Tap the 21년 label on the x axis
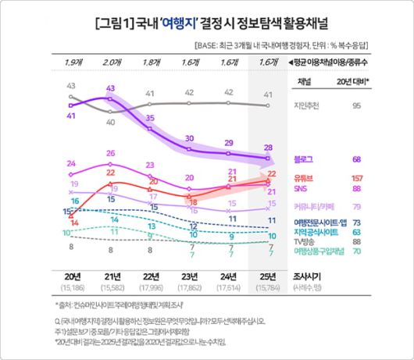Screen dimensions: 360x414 [x=111, y=276]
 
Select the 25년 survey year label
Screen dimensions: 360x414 [x=267, y=276]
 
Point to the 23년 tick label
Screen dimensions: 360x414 [x=188, y=276]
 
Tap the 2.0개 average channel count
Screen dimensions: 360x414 [x=111, y=61]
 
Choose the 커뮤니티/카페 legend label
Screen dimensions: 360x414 [x=309, y=206]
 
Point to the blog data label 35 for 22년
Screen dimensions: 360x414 [x=151, y=117]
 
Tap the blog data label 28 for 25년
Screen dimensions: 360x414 [x=267, y=147]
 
